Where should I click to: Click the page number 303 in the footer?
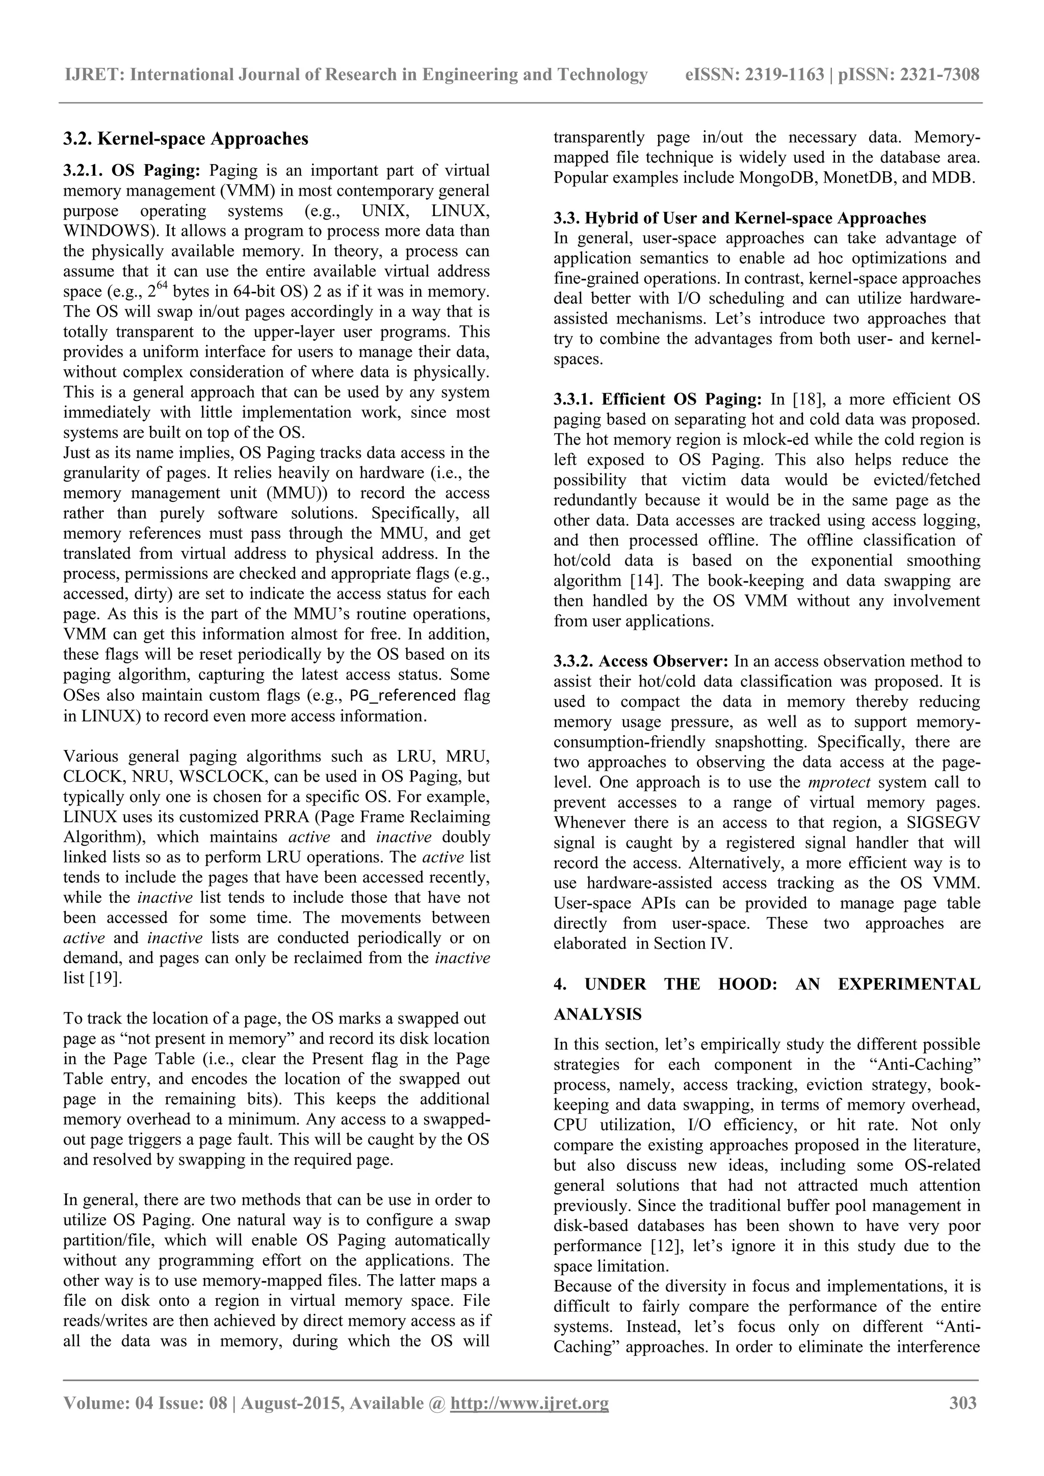963,1403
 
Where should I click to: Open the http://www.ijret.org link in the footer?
530,1403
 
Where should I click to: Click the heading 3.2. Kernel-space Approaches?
186,138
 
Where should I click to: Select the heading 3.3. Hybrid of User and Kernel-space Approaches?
740,218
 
